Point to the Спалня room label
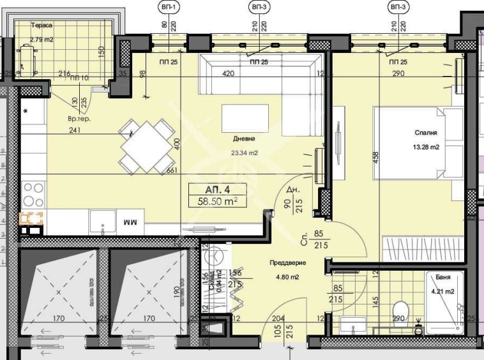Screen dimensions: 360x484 [425, 133]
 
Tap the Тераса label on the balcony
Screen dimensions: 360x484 [42, 26]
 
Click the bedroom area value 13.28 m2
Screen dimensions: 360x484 [425, 147]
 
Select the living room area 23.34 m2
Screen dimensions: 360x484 [245, 153]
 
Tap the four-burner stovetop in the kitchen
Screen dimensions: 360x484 [34, 191]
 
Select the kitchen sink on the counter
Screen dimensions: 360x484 [101, 221]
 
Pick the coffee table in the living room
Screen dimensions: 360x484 [245, 118]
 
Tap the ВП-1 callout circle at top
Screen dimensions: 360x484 [169, 7]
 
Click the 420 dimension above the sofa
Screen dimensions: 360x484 [228, 73]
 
